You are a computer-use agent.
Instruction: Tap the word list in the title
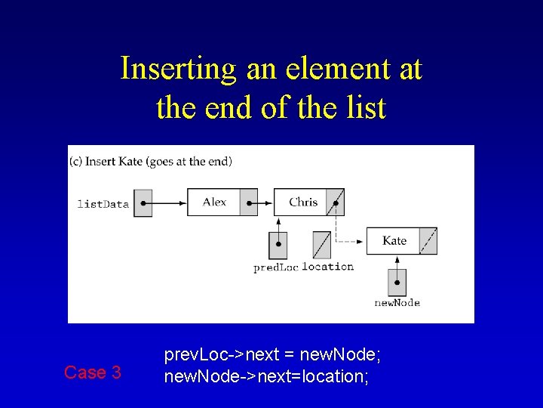click(x=365, y=107)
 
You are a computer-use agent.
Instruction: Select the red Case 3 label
click(x=93, y=372)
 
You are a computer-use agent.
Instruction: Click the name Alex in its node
click(x=214, y=202)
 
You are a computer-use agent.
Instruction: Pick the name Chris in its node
click(x=303, y=202)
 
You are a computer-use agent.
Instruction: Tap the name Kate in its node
click(x=394, y=240)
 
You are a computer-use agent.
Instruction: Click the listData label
click(x=103, y=203)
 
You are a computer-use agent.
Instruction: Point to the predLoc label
click(x=276, y=267)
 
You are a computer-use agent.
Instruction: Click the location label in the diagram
click(x=328, y=266)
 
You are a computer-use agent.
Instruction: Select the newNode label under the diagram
click(x=397, y=303)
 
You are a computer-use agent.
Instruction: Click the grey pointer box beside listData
click(x=143, y=202)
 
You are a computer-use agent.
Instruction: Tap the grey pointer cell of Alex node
click(x=249, y=202)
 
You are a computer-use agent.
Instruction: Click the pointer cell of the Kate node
click(x=428, y=240)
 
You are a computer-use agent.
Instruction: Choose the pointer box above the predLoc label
click(x=278, y=245)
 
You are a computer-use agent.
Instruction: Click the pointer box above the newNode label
click(x=397, y=283)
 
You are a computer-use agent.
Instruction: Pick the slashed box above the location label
click(x=321, y=245)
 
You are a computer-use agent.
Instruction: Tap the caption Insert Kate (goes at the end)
click(x=152, y=161)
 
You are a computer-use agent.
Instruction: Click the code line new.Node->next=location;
click(x=266, y=376)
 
